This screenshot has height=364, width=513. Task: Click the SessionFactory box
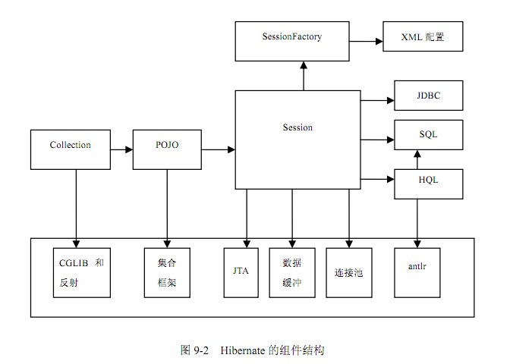(x=291, y=41)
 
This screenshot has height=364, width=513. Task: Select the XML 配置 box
(x=422, y=36)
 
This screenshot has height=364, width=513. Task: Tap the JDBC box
(x=428, y=96)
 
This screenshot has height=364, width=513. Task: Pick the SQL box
(x=428, y=134)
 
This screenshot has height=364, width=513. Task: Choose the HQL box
(x=428, y=180)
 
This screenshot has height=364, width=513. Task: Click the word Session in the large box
(x=297, y=127)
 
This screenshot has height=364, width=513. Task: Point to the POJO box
(x=167, y=149)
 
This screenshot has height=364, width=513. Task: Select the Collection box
(x=71, y=149)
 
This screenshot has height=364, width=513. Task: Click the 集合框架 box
(x=167, y=272)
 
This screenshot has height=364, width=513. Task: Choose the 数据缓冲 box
(x=292, y=272)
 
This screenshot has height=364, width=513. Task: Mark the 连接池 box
(x=349, y=272)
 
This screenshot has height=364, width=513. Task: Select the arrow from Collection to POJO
(x=121, y=149)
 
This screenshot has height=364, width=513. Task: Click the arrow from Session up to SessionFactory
(x=303, y=76)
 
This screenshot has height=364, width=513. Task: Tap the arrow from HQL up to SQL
(x=417, y=159)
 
